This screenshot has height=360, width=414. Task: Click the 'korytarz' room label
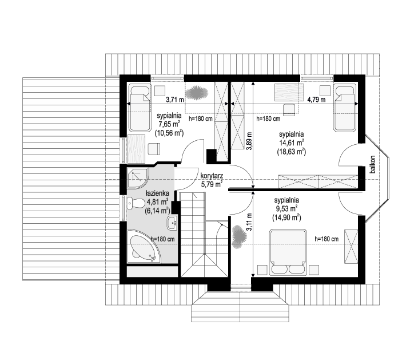(212, 176)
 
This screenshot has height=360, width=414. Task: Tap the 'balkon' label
(372, 164)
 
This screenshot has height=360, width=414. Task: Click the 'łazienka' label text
(157, 193)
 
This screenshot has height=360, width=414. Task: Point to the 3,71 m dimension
(175, 100)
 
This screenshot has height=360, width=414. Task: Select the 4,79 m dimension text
(316, 100)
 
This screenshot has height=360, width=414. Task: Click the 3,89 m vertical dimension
(249, 141)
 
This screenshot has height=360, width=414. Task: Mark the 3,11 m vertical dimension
(249, 223)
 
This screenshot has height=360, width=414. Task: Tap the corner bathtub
(144, 246)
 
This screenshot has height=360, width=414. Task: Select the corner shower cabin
(138, 177)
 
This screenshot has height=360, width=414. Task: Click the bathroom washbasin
(172, 223)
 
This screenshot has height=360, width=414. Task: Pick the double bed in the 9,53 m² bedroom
(288, 252)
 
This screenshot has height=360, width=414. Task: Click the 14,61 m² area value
(292, 143)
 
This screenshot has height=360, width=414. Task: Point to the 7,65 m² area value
(169, 124)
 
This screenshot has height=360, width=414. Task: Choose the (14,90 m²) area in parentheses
(286, 217)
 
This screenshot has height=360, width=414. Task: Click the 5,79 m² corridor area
(212, 184)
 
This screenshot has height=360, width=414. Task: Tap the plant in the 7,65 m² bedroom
(197, 93)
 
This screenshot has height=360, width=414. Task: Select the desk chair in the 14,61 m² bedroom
(289, 110)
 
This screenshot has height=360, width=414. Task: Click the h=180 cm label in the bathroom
(162, 239)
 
